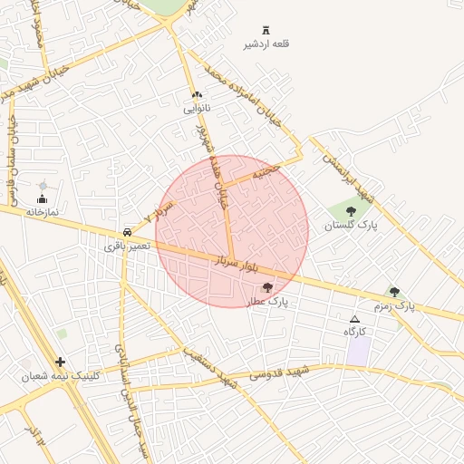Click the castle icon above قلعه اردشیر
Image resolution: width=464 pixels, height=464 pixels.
266,31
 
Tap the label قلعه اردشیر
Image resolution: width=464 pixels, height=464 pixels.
266,44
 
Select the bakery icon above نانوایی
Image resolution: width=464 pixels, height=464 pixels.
197,95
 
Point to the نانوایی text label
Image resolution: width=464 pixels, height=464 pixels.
197,109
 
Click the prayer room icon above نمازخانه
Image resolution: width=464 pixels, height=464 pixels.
42,198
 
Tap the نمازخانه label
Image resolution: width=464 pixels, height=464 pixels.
42,211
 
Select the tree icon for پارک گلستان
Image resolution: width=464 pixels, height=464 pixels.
351,211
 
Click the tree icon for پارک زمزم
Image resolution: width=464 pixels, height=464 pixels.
394,292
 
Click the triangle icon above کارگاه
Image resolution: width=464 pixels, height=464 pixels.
354,319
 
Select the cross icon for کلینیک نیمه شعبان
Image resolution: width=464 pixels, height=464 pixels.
61,362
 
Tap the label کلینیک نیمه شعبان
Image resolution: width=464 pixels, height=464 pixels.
63,375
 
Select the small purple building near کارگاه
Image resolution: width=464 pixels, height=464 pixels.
358,352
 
